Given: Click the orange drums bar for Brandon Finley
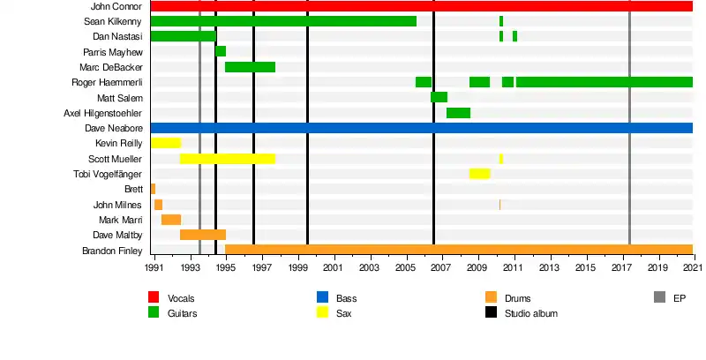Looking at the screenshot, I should tap(458, 250).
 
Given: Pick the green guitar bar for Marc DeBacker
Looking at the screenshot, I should tap(250, 67).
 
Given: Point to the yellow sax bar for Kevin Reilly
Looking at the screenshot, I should tap(166, 143).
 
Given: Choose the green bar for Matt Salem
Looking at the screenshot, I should tap(439, 97).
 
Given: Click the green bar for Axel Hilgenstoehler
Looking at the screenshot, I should tap(458, 113).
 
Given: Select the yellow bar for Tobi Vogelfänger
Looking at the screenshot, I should tap(479, 174).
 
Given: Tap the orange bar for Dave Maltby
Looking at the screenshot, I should tap(203, 235).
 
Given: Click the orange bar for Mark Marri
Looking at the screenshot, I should tap(171, 220).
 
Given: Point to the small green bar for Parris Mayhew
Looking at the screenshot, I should tap(221, 51).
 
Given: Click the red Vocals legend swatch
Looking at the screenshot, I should tap(154, 298).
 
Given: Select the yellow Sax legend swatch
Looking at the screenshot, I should tap(323, 312).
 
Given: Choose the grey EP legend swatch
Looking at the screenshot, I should tap(659, 298).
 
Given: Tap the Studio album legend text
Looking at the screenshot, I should tap(530, 313).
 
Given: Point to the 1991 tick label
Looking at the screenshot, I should tap(154, 267).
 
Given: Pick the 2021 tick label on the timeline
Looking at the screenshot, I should tap(693, 267).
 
